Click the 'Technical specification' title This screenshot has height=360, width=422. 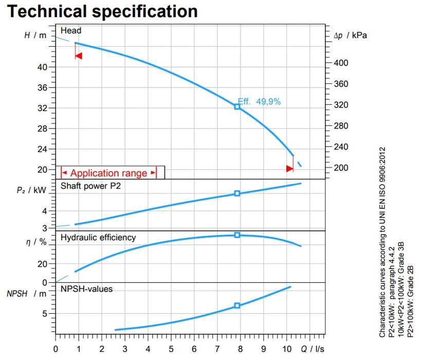(x=102, y=11)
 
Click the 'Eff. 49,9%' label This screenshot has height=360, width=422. (x=260, y=102)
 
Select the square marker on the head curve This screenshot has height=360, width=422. (x=237, y=106)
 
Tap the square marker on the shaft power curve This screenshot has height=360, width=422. (x=237, y=193)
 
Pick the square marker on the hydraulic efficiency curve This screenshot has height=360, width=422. (x=237, y=235)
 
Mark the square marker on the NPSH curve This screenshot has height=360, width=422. (x=237, y=305)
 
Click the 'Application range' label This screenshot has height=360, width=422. (x=108, y=173)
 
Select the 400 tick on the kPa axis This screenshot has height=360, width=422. (x=341, y=63)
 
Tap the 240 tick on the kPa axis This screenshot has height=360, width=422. (x=341, y=147)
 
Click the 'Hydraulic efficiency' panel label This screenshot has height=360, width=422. (x=98, y=238)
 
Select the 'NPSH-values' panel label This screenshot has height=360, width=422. (x=86, y=289)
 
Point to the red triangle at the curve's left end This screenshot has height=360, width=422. (x=79, y=56)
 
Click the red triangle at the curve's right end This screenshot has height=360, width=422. (x=290, y=168)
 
